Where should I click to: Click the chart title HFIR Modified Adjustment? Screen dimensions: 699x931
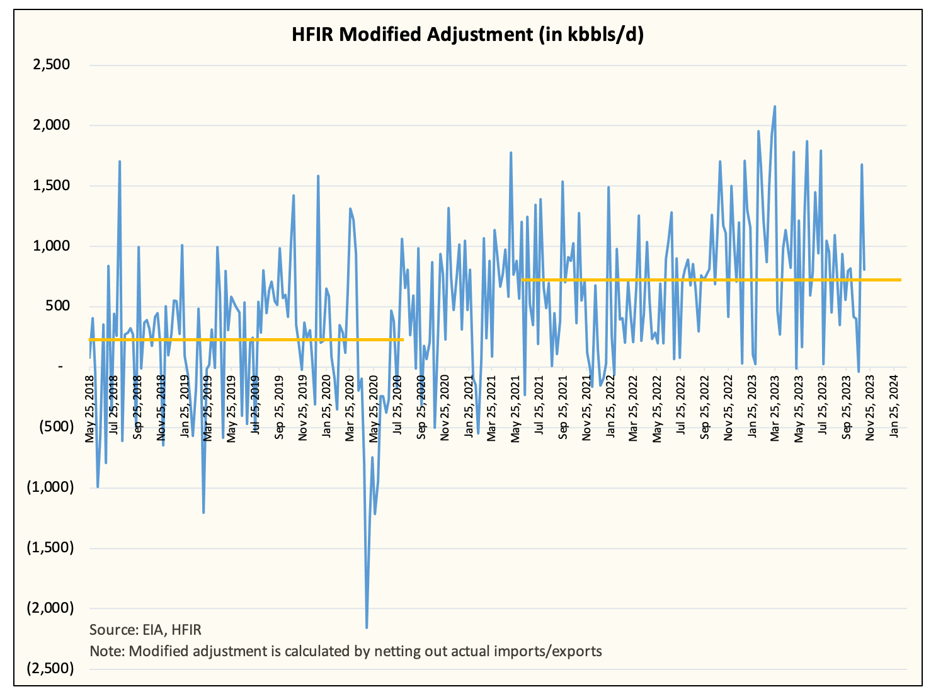coord(467,35)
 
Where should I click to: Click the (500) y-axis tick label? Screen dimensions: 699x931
coord(55,426)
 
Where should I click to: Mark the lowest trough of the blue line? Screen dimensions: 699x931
coord(367,627)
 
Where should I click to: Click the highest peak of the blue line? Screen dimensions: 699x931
coord(774,106)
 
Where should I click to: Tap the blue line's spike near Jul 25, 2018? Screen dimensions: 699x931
coord(120,161)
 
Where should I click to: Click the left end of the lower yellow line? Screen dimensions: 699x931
coord(90,339)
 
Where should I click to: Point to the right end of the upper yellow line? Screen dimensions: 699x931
coord(900,280)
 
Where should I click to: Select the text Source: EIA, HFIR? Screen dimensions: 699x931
coord(146,630)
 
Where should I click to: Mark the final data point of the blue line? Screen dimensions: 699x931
coord(864,270)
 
